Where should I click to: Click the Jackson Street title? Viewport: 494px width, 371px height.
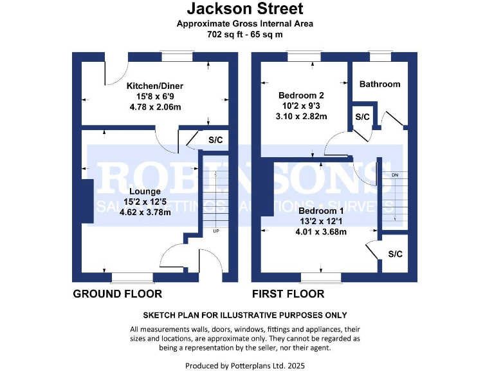(x=244, y=9)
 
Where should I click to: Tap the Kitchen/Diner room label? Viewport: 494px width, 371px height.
(x=154, y=86)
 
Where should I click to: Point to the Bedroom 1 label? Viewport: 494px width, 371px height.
(x=321, y=211)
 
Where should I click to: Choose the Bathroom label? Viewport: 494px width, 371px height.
(x=380, y=84)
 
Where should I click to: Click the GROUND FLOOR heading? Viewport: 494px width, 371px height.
(x=117, y=294)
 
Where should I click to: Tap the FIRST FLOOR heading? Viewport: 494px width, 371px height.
(x=288, y=294)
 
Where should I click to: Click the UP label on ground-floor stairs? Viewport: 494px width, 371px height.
(x=215, y=231)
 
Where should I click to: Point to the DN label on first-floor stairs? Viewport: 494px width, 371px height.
(x=395, y=175)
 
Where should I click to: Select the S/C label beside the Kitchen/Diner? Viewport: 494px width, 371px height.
(x=215, y=140)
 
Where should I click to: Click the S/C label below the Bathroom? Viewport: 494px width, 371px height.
(x=363, y=117)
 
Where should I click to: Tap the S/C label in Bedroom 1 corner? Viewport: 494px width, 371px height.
(x=395, y=254)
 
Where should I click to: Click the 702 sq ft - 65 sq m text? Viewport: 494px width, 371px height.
(x=244, y=34)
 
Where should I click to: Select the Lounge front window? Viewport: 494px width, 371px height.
(x=133, y=278)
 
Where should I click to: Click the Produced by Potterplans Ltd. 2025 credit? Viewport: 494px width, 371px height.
(x=244, y=365)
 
